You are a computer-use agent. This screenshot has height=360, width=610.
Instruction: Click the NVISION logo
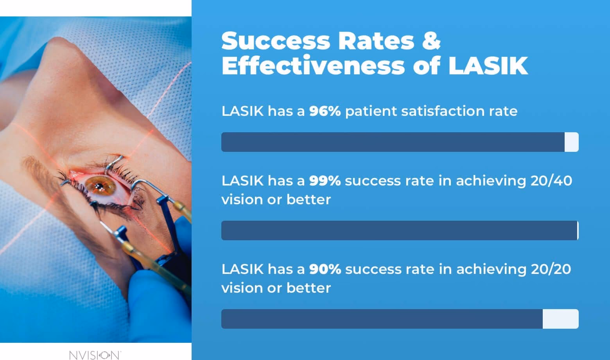tap(95, 355)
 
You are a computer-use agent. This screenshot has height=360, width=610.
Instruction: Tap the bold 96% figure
tap(325, 111)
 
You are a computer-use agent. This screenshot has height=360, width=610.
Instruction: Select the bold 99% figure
tap(325, 181)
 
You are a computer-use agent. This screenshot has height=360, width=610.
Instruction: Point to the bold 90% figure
tap(325, 269)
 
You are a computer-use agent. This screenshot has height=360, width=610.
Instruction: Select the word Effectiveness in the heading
tap(313, 66)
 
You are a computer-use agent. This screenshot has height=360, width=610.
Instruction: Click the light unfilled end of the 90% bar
tap(560, 319)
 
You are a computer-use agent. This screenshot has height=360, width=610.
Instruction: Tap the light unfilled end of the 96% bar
tap(571, 142)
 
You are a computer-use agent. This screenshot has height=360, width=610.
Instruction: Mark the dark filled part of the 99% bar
tap(399, 230)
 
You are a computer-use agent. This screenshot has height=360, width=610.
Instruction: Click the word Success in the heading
tap(276, 41)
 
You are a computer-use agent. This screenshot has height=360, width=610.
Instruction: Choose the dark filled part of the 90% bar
tap(382, 319)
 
